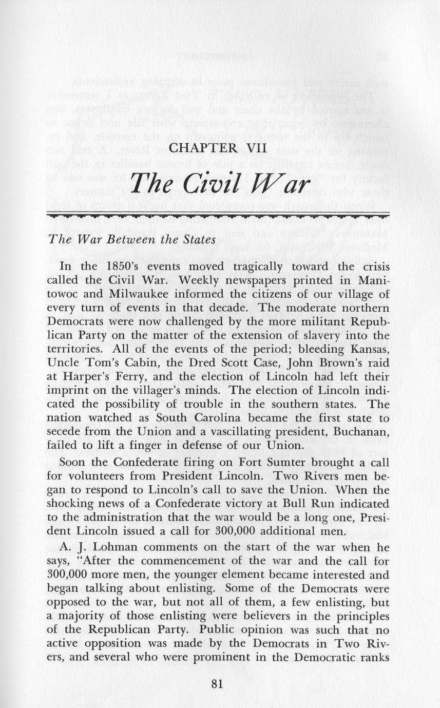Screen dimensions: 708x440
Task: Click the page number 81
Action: pyautogui.click(x=219, y=684)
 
